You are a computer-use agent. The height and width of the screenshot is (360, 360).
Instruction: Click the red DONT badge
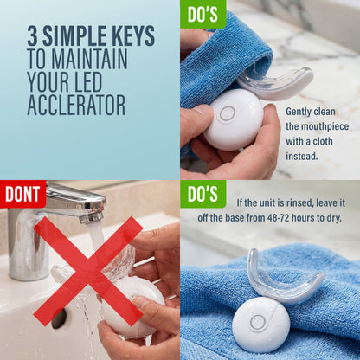22,194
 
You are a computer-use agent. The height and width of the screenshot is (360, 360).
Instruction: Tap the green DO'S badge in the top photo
202,14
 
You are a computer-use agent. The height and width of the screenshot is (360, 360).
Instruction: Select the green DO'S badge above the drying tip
202,194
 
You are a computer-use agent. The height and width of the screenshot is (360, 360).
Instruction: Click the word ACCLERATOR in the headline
76,105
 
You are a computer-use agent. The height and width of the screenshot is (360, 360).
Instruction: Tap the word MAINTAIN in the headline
89,59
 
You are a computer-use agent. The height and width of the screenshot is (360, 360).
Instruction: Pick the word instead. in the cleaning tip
302,157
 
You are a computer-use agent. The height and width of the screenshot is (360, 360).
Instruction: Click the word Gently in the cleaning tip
299,112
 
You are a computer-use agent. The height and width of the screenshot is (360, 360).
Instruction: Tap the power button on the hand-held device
227,113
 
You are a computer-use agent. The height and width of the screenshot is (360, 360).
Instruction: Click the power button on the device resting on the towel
258,323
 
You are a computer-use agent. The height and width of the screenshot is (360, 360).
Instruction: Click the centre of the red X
88,272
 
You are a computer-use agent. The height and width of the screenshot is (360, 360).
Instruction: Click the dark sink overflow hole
59,319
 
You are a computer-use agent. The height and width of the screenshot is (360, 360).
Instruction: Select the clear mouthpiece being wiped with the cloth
274,85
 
